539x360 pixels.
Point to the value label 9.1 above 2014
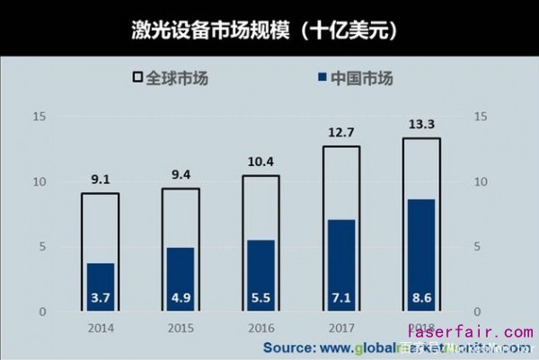click(x=100, y=180)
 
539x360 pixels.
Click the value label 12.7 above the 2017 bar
click(x=341, y=133)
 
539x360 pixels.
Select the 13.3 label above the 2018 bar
click(x=421, y=124)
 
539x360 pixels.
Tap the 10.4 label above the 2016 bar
click(x=261, y=162)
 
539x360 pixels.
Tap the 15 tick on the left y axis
click(x=38, y=117)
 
